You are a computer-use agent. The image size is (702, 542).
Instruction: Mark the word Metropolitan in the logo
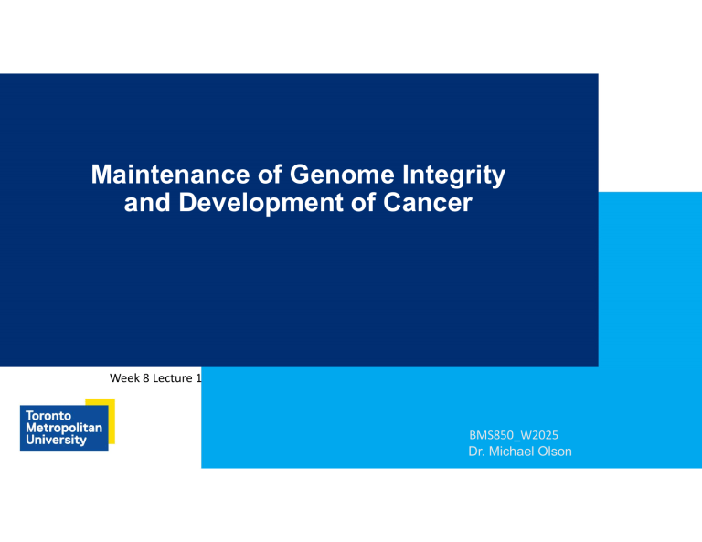[x=60, y=427]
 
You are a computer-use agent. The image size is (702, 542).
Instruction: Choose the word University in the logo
[x=54, y=440]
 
